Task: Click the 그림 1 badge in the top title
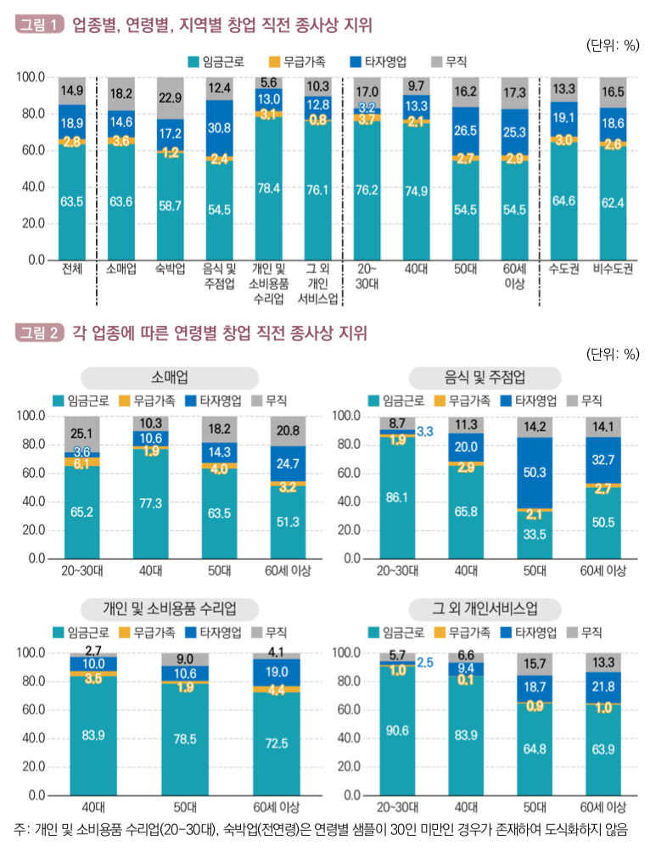[39, 25]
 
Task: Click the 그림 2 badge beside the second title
[39, 333]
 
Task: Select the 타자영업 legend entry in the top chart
[378, 62]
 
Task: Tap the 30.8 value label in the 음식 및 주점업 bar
[219, 128]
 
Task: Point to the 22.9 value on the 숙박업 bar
[170, 98]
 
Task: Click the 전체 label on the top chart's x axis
[72, 269]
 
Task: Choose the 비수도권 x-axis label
[613, 269]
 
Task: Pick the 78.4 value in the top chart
[268, 188]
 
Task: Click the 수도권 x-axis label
[563, 269]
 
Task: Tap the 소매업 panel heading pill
[170, 378]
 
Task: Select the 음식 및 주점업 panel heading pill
[485, 378]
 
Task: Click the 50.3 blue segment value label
[535, 472]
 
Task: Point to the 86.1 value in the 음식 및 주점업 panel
[397, 497]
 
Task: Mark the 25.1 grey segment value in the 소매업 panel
[81, 434]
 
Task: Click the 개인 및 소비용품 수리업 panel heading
[170, 609]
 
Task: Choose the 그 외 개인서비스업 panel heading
[485, 609]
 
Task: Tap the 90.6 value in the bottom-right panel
[397, 731]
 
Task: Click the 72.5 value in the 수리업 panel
[276, 743]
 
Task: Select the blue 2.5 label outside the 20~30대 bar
[425, 663]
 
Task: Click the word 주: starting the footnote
[22, 830]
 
